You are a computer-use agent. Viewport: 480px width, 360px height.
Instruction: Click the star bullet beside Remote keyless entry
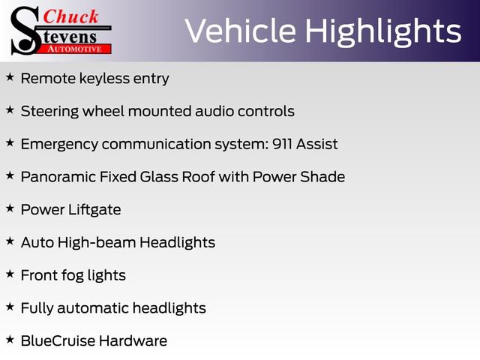point(10,77)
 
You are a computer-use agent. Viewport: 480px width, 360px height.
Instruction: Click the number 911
point(280,144)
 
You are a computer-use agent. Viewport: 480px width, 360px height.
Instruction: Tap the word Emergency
point(59,144)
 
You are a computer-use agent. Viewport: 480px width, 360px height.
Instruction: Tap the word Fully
point(37,308)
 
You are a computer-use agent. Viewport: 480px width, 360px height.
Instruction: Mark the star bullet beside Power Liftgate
point(10,208)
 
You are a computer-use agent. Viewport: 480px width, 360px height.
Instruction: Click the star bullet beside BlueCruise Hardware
point(10,340)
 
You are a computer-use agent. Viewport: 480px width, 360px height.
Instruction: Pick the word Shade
point(324,177)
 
